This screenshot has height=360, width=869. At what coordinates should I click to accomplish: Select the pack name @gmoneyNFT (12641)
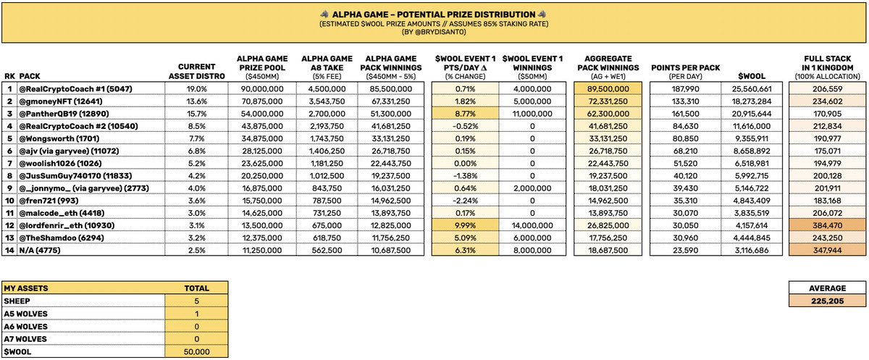tap(55, 101)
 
